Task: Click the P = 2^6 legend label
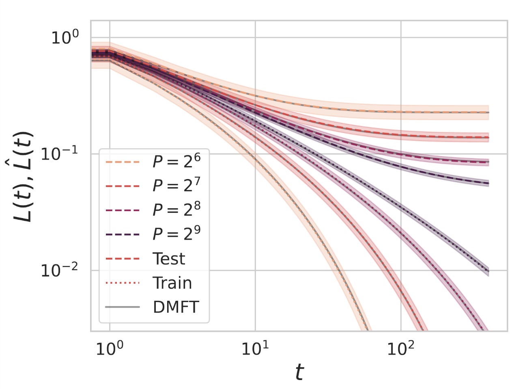pos(176,161)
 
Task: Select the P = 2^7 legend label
pos(176,185)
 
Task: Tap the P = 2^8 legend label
pos(176,210)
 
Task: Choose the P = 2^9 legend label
pos(176,233)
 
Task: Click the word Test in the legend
pos(169,259)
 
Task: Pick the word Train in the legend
pos(172,283)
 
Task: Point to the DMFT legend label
pos(176,307)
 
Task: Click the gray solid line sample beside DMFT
pos(122,307)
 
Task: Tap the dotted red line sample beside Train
pos(122,283)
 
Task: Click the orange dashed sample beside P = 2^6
pos(122,162)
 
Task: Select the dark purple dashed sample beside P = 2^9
pos(122,235)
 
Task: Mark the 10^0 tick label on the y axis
pos(65,38)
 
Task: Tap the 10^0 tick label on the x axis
pos(110,348)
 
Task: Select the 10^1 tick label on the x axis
pos(255,348)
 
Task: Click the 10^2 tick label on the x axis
pos(401,348)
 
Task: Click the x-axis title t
pos(299,372)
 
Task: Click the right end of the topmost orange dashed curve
pos(488,112)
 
